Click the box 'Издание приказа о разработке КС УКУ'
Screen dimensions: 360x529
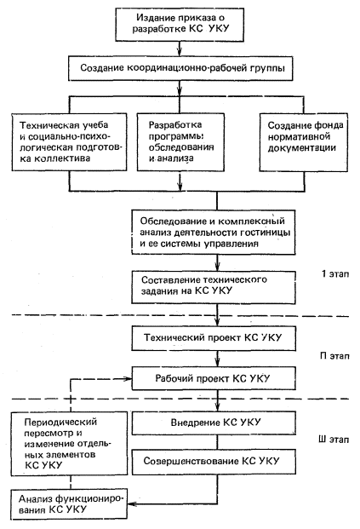tap(180, 25)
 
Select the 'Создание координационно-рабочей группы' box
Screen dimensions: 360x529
tap(180, 68)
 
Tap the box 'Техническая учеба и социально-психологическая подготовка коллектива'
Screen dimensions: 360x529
tap(69, 141)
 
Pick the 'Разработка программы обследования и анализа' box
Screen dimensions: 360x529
tap(180, 141)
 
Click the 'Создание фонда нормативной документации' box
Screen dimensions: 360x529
tap(304, 142)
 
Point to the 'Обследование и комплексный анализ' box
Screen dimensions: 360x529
tap(214, 232)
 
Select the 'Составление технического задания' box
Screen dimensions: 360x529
tap(214, 287)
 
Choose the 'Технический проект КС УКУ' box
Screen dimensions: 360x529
tap(214, 338)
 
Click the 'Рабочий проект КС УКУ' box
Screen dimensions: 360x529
tap(214, 378)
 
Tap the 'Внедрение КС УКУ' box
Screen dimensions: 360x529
tap(214, 423)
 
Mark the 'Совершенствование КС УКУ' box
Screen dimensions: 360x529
tap(214, 461)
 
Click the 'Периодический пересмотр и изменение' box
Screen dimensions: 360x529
tap(69, 443)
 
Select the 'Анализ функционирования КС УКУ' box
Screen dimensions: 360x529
tap(69, 503)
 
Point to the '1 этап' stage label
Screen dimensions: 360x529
tap(335, 273)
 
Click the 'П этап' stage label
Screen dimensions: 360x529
tap(334, 356)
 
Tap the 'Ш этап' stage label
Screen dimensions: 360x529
tap(334, 440)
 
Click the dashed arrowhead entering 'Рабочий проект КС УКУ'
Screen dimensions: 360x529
tap(128, 379)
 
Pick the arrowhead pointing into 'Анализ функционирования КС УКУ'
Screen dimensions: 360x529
tap(131, 504)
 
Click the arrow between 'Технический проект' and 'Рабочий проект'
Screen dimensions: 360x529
tap(217, 359)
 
